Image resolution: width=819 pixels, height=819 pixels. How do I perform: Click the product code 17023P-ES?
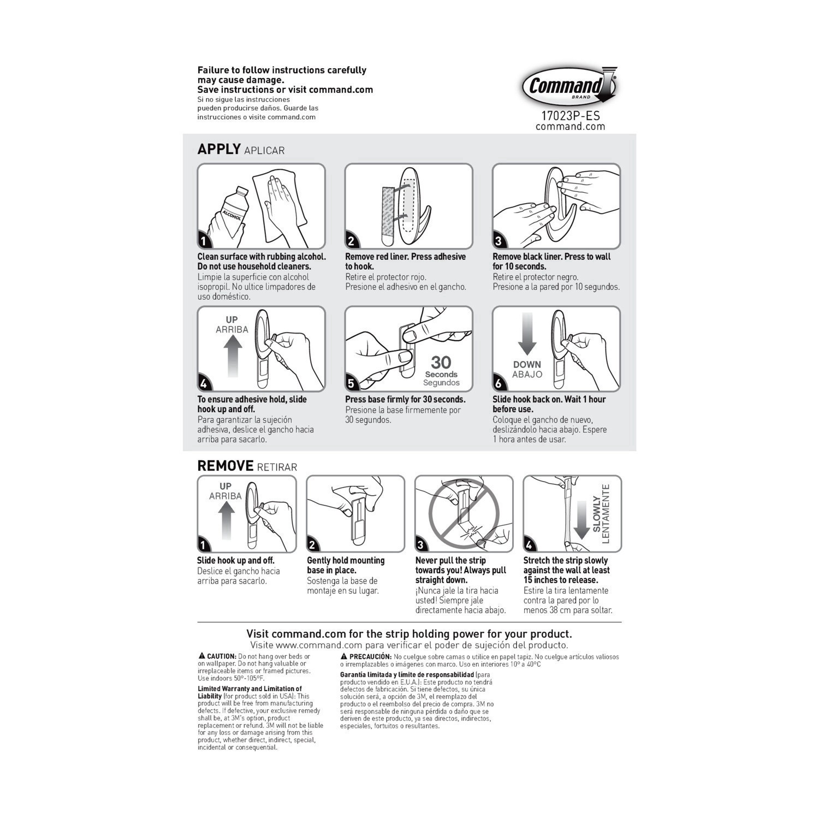571,116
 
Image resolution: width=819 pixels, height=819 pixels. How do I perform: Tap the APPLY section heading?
219,149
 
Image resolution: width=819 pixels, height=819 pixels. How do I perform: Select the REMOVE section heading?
225,466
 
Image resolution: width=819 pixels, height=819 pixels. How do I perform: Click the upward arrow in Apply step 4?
233,355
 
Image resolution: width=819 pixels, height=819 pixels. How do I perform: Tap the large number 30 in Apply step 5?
441,362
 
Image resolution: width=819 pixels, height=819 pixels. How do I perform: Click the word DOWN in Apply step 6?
527,364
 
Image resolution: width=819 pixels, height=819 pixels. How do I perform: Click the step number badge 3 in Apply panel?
498,241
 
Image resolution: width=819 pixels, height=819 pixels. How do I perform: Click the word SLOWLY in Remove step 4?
597,514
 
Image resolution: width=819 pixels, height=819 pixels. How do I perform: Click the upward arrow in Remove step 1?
226,521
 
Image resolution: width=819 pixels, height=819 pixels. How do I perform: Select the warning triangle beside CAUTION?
201,656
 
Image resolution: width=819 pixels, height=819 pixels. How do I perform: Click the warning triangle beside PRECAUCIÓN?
344,656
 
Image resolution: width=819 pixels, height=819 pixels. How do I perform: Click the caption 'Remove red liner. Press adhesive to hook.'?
406,262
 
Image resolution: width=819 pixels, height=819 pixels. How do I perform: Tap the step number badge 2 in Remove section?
312,544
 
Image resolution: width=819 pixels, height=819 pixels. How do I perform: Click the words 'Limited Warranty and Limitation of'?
250,689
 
